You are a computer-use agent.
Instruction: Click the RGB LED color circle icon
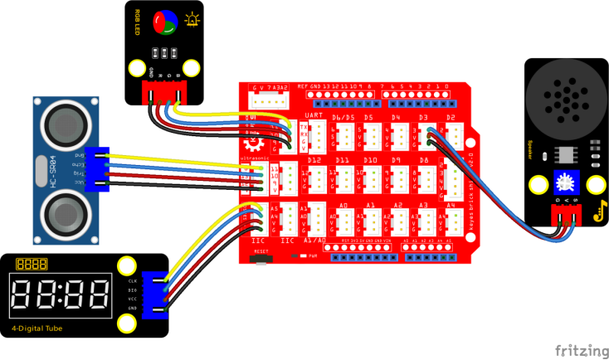(x=164, y=20)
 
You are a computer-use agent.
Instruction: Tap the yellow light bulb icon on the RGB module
(x=193, y=18)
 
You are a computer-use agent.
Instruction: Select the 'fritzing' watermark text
(x=579, y=348)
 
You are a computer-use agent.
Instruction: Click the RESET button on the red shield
(x=262, y=258)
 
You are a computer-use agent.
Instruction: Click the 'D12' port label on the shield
(x=314, y=159)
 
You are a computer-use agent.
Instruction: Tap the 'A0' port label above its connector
(x=343, y=203)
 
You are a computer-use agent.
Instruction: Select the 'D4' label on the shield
(x=396, y=118)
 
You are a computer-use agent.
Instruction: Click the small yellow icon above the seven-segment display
(x=31, y=264)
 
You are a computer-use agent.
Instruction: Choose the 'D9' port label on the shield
(x=396, y=159)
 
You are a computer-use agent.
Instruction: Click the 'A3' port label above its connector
(x=423, y=203)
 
